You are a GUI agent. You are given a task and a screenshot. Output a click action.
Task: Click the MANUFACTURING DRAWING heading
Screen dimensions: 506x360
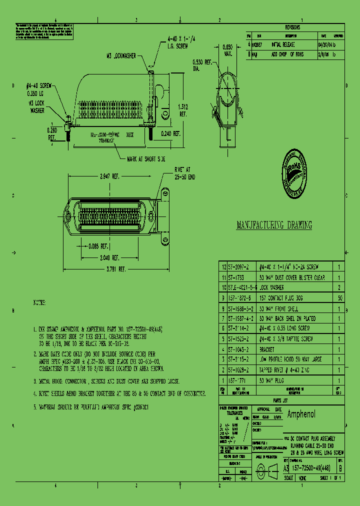coord(274,225)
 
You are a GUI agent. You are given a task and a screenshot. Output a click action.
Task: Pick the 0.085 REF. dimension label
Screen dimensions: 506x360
coord(98,246)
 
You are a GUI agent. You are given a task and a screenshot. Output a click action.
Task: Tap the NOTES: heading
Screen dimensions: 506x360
coord(39,303)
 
